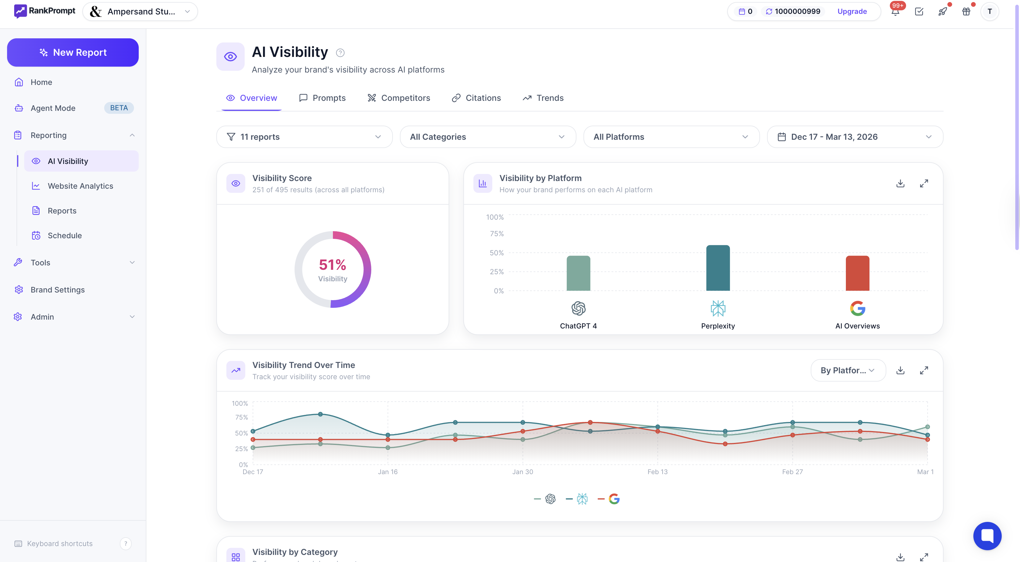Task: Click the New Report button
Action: coord(73,52)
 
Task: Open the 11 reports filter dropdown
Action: coord(304,137)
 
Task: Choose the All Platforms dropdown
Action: coord(671,137)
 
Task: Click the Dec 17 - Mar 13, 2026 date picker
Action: coord(855,137)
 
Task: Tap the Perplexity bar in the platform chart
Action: coord(717,268)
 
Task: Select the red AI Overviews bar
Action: coord(857,273)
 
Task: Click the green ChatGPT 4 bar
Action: coord(578,273)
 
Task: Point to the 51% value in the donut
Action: coord(332,264)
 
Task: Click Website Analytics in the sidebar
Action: coord(80,186)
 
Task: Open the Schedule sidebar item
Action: coord(65,235)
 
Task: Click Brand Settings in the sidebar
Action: coord(58,290)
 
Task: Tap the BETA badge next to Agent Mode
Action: coord(119,108)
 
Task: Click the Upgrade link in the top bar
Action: coord(852,11)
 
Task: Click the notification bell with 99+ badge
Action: coord(895,11)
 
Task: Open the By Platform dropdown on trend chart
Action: coord(848,370)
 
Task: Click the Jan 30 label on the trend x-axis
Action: coord(522,472)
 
